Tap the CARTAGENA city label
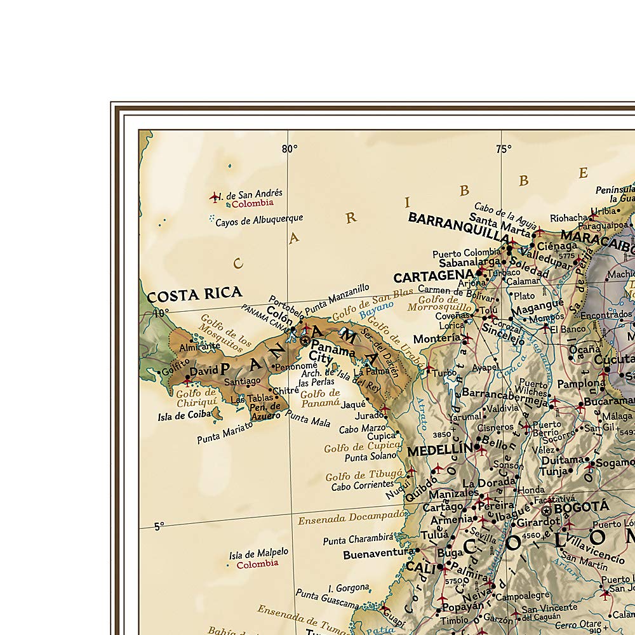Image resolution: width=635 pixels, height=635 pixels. coord(434,277)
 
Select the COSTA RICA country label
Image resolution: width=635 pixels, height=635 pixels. coord(194,294)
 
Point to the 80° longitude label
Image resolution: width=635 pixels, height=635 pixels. coord(290,149)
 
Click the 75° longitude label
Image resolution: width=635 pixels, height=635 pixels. coord(504,149)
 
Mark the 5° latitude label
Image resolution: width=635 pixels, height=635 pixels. coord(159,526)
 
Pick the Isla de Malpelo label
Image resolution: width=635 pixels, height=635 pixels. coord(258,554)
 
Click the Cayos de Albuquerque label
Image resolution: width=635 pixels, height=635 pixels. coord(259,220)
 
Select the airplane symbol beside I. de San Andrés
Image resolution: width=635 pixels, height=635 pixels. coord(214,197)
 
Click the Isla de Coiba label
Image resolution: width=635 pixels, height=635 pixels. coord(183,417)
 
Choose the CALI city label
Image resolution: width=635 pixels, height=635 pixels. coord(420,567)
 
